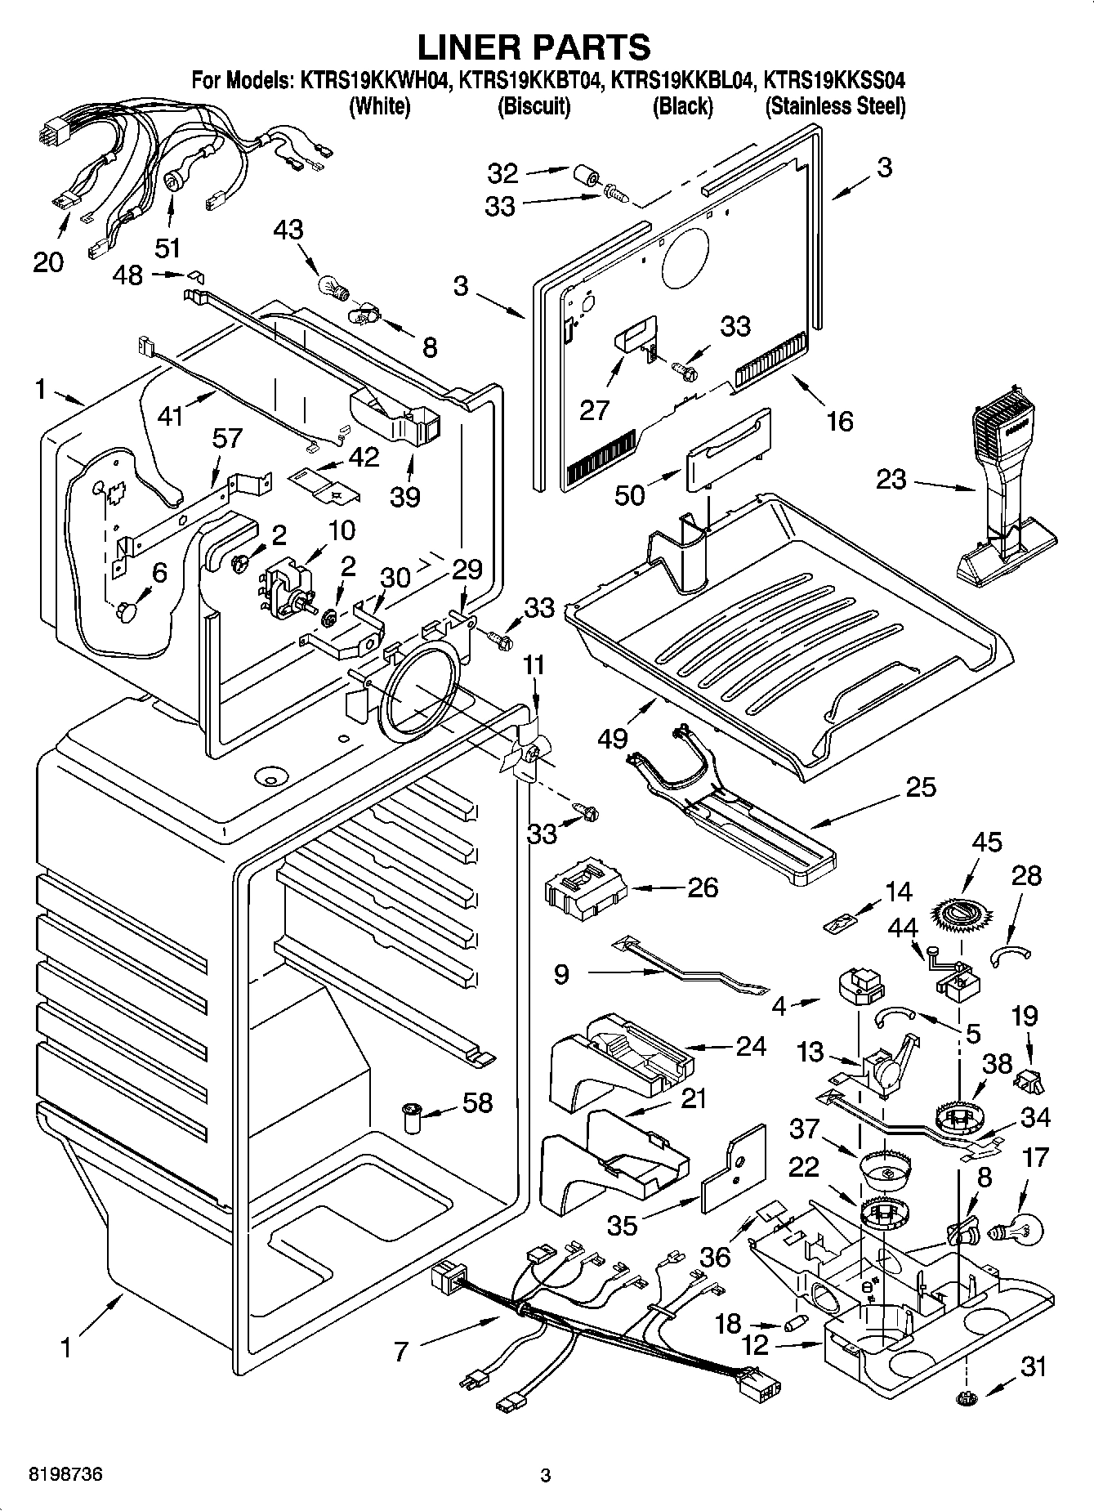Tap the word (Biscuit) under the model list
[x=534, y=106]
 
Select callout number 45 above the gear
[x=986, y=842]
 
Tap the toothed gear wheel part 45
[x=958, y=914]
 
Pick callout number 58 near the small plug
[x=477, y=1102]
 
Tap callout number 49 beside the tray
[x=613, y=738]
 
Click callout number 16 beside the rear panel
[x=839, y=421]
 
